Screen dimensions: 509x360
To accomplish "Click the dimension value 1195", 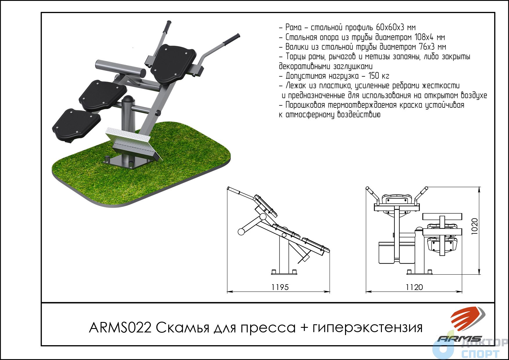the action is [280, 287].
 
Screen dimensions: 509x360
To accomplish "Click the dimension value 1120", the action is [414, 287].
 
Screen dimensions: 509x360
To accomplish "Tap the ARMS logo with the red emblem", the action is [461, 325].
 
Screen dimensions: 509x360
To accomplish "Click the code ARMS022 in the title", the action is [120, 328].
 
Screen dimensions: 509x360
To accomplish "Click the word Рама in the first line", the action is [293, 28].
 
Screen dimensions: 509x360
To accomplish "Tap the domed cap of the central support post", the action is [128, 99].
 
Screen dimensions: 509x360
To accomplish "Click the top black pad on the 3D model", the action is [173, 63].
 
